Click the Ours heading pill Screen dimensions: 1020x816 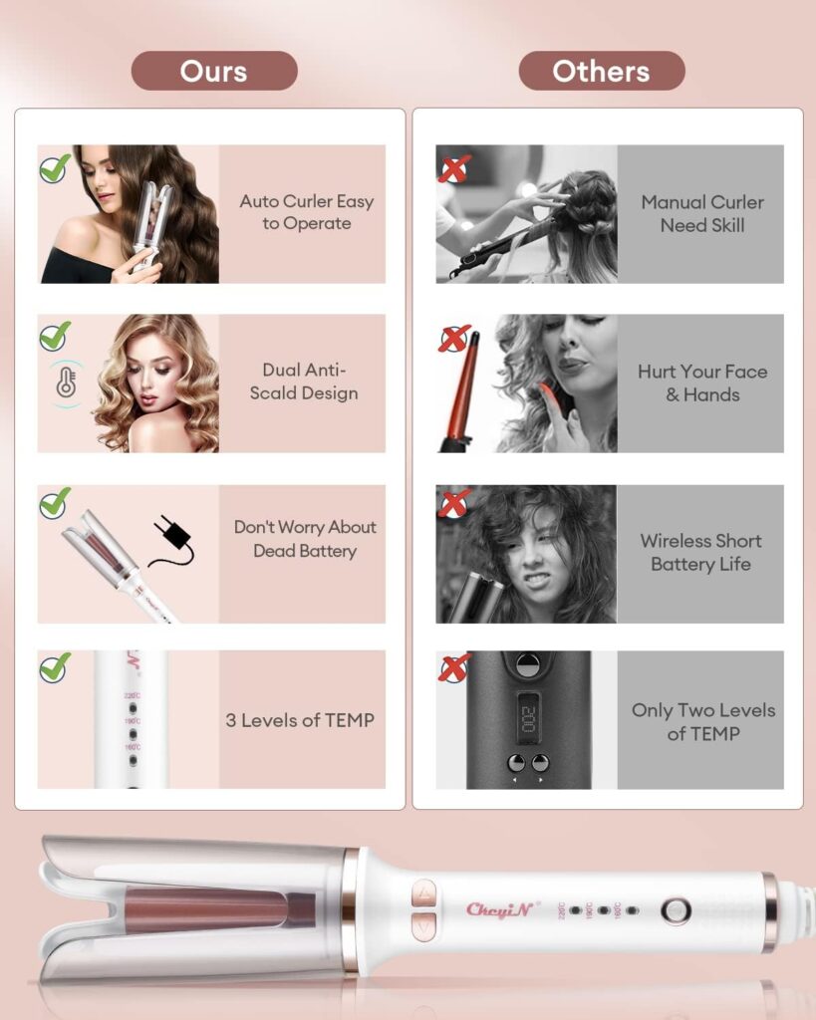(214, 71)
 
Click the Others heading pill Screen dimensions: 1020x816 (601, 71)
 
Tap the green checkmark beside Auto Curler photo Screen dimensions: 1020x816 (55, 167)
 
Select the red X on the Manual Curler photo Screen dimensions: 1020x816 (454, 167)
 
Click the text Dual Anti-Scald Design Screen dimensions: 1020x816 (303, 382)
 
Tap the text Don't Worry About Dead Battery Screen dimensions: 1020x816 (304, 539)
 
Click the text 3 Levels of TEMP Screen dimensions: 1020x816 (300, 720)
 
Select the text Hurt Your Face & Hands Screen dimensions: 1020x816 (701, 382)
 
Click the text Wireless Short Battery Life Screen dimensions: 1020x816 (700, 552)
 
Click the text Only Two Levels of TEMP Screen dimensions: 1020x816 (702, 721)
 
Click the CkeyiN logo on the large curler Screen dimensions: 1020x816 (502, 908)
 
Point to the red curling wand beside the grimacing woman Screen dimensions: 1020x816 (464, 393)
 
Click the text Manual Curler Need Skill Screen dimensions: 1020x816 (701, 213)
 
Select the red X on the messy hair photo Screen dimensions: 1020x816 (454, 504)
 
